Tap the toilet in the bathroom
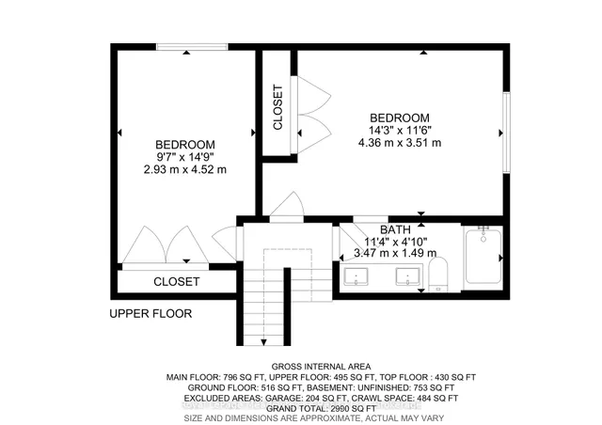click(x=438, y=274)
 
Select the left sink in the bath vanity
click(x=356, y=276)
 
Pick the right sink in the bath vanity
click(x=407, y=276)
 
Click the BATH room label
click(x=394, y=229)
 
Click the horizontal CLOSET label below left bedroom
click(x=176, y=281)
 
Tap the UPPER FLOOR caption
click(x=150, y=314)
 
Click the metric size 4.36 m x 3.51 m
click(x=400, y=142)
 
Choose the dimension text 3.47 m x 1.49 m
click(x=394, y=253)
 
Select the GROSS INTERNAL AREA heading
click(x=320, y=366)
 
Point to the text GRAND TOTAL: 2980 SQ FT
click(x=320, y=408)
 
